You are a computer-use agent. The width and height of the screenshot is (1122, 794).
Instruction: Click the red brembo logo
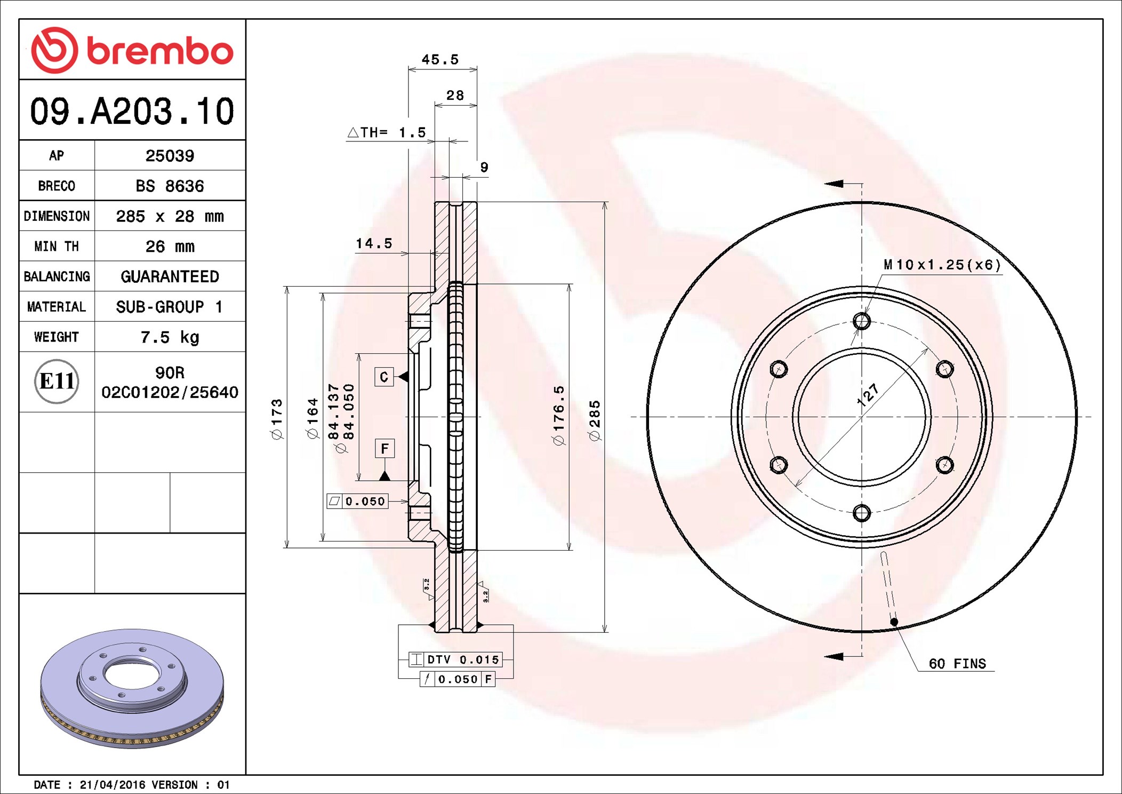[x=132, y=50]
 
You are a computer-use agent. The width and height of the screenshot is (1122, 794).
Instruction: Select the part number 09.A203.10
[x=132, y=111]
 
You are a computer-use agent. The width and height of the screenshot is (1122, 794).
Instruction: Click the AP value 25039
[x=170, y=155]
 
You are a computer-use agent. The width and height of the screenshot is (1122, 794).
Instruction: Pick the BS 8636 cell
[x=170, y=186]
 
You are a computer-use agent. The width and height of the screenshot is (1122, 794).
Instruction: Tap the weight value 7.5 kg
[x=170, y=337]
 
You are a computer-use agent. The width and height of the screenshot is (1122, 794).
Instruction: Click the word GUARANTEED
[x=170, y=276]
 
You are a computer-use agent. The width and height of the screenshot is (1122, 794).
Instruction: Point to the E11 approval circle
[x=57, y=381]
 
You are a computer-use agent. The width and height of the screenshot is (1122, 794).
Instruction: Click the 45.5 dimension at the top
[x=440, y=59]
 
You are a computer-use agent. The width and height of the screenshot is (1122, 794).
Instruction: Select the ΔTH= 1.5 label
[x=387, y=132]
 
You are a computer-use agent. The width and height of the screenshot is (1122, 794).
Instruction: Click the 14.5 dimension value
[x=374, y=243]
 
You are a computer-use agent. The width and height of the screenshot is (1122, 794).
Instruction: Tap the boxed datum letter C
[x=384, y=377]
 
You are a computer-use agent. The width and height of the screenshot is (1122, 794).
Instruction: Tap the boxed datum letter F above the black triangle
[x=384, y=449]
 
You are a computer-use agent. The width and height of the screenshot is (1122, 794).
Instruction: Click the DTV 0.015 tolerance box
[x=455, y=660]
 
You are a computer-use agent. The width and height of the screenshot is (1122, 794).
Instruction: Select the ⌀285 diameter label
[x=595, y=420]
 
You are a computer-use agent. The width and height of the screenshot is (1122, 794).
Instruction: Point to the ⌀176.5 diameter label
[x=558, y=416]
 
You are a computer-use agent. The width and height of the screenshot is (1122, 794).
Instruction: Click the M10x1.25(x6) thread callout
[x=942, y=265]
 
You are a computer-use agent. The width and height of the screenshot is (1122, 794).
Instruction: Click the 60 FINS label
[x=957, y=663]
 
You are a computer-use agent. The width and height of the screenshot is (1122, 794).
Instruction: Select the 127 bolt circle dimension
[x=867, y=395]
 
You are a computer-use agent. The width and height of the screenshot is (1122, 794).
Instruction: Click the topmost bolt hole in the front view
[x=862, y=321]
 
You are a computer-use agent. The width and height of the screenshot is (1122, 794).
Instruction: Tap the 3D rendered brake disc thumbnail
[x=132, y=688]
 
